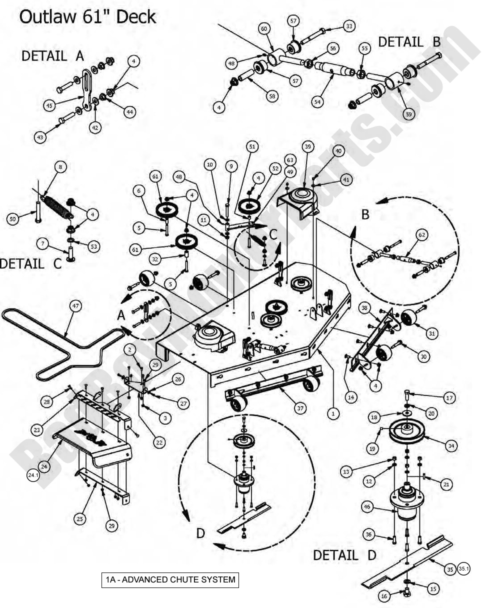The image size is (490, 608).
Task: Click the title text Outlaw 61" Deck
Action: (87, 17)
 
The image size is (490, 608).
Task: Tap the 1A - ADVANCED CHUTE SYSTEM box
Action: (170, 580)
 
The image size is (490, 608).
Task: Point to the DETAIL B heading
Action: (409, 42)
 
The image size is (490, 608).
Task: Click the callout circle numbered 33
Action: (349, 26)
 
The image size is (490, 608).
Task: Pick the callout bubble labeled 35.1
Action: (464, 568)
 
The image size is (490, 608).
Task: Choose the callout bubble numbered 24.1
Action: (32, 475)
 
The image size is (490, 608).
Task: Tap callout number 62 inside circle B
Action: (421, 234)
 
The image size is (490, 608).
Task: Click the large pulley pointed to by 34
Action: (410, 431)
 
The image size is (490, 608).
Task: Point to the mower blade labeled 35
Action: (407, 562)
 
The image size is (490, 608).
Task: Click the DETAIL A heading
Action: (52, 56)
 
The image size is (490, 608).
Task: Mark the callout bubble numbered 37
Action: (299, 408)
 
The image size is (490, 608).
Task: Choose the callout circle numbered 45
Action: (49, 105)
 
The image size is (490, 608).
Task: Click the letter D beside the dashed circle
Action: (200, 533)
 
